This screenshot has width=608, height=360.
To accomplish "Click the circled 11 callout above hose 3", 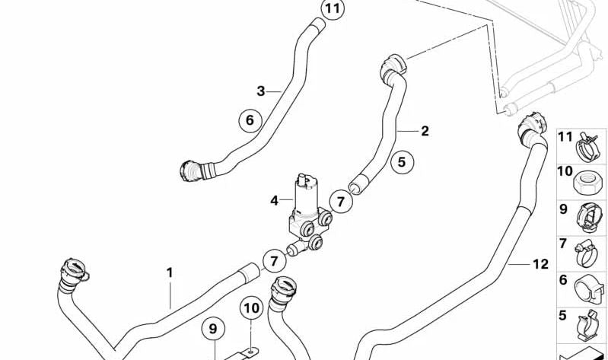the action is click(333, 9).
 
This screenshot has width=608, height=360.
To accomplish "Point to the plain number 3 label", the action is click(260, 91).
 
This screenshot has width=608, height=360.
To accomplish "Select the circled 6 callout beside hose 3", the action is click(250, 120).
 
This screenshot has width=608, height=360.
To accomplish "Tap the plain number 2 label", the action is click(425, 131).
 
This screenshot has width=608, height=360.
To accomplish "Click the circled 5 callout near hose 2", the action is click(402, 162).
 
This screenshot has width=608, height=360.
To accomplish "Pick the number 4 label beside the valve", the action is click(275, 201).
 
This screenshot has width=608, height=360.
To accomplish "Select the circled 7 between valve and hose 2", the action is click(341, 202).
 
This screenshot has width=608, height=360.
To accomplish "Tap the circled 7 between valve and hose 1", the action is click(274, 261).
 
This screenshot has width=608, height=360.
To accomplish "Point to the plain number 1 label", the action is click(170, 273).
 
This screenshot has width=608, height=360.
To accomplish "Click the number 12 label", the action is click(540, 264).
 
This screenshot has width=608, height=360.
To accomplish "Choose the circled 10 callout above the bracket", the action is click(251, 308).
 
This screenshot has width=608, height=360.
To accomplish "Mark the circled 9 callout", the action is click(213, 329).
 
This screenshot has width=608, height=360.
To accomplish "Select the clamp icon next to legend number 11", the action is click(588, 147).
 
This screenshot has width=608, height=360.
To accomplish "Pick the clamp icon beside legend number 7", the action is click(587, 253).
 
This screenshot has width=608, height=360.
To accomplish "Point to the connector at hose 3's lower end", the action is click(191, 170).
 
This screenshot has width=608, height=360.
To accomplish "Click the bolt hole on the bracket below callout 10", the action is click(252, 351).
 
